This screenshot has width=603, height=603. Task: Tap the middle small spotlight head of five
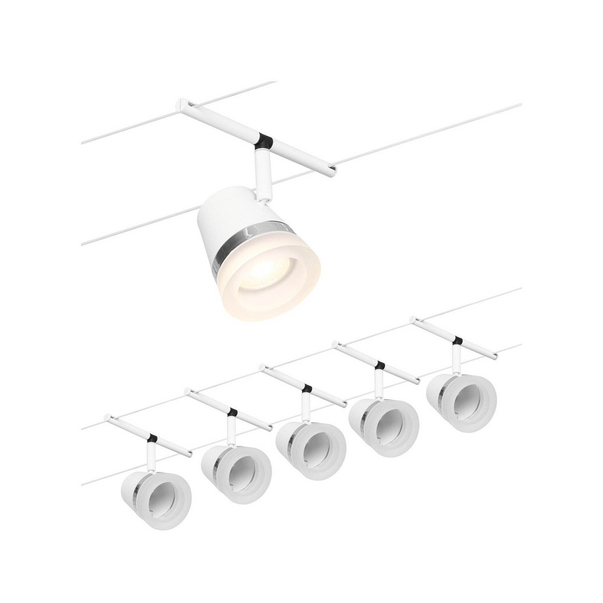point(311,445)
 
